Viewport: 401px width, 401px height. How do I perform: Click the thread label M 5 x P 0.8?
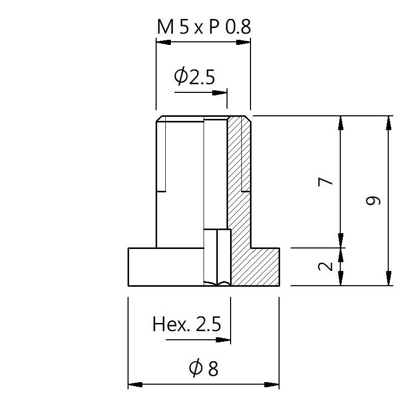[204, 27]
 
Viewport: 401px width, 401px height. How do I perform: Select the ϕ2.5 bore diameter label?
[194, 76]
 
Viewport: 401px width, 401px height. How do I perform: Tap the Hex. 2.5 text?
[186, 324]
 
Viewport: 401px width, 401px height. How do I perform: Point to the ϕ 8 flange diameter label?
[204, 368]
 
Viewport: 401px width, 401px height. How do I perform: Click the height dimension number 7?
[325, 182]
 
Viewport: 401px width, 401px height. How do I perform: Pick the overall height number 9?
[373, 200]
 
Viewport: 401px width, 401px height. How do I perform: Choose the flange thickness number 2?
[325, 266]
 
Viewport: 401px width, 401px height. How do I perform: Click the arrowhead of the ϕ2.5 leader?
[219, 92]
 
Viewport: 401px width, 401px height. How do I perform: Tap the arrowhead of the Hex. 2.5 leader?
[223, 340]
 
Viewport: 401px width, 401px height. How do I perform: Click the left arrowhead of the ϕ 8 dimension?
[135, 384]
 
